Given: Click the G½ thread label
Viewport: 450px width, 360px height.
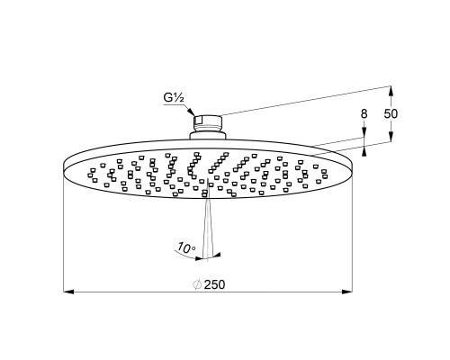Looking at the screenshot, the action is pyautogui.click(x=174, y=98).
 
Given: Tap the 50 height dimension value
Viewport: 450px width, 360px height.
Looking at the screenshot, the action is pyautogui.click(x=391, y=113).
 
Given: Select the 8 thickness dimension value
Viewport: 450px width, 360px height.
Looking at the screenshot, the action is pyautogui.click(x=364, y=114).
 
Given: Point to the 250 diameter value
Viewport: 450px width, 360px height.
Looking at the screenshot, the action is pyautogui.click(x=214, y=284).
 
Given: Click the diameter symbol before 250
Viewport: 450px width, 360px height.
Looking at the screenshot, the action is pyautogui.click(x=197, y=284).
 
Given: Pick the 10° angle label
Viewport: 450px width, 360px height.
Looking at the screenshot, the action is pyautogui.click(x=186, y=247).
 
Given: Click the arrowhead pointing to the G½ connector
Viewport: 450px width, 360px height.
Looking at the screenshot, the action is pyautogui.click(x=191, y=112).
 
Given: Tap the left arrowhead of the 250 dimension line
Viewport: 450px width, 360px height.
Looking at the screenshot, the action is pyautogui.click(x=68, y=292).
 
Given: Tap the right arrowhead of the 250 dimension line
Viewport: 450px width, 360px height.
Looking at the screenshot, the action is pyautogui.click(x=347, y=292).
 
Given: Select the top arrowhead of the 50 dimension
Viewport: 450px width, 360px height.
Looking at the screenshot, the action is pyautogui.click(x=391, y=91).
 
